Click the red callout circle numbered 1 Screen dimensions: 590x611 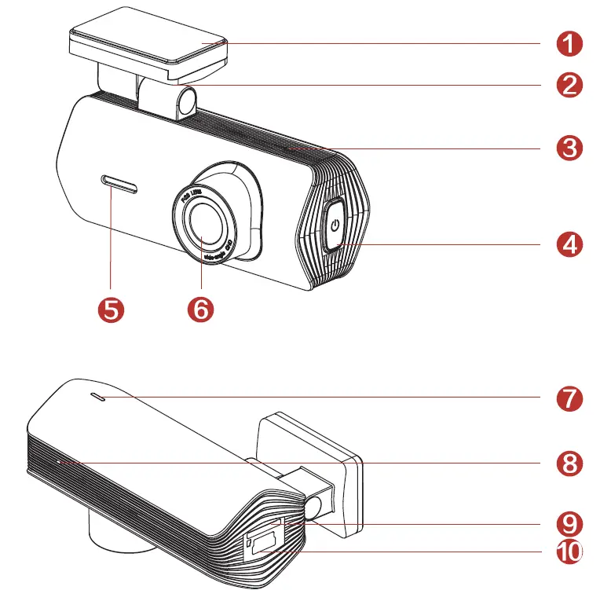pos(568,42)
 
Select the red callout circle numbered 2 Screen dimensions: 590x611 pos(568,83)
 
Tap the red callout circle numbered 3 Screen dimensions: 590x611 pos(568,147)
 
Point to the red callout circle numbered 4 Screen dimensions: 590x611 pos(568,244)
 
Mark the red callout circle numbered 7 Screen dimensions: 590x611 pos(568,398)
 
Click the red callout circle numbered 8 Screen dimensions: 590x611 pos(568,463)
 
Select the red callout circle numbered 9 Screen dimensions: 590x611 pos(568,523)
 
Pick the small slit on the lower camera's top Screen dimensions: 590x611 pos(98,398)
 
